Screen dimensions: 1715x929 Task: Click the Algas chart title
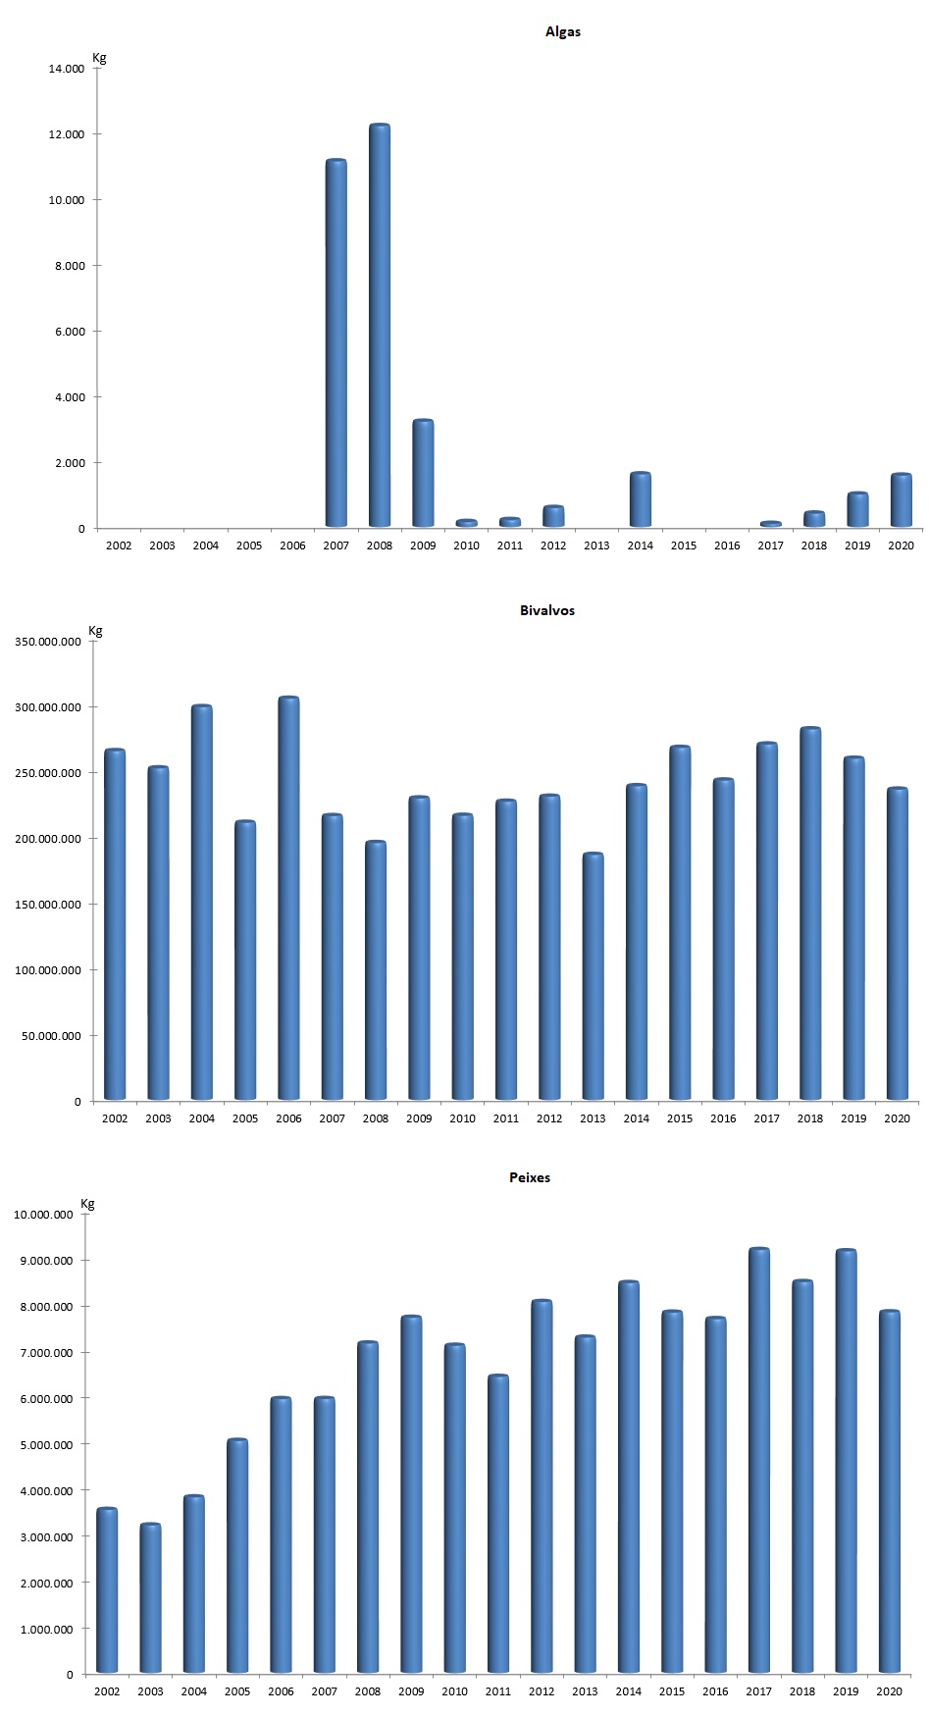point(563,31)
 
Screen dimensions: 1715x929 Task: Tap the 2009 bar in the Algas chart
point(423,474)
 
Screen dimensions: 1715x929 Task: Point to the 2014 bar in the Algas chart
point(640,500)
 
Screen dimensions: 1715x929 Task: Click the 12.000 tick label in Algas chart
point(66,134)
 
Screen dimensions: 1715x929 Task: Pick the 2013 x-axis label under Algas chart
point(596,546)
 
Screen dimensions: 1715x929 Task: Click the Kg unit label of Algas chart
point(99,58)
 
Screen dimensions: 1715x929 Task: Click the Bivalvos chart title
point(547,610)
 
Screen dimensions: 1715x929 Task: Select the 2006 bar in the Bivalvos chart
point(288,898)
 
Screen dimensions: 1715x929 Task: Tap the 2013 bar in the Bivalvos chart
point(593,976)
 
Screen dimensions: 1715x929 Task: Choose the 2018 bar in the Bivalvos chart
point(810,913)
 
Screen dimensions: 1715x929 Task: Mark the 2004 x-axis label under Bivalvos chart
point(201,1118)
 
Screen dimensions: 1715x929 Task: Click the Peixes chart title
point(530,1177)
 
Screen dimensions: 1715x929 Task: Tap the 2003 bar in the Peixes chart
point(150,1598)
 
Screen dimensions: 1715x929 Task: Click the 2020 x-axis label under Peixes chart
point(889,1691)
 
